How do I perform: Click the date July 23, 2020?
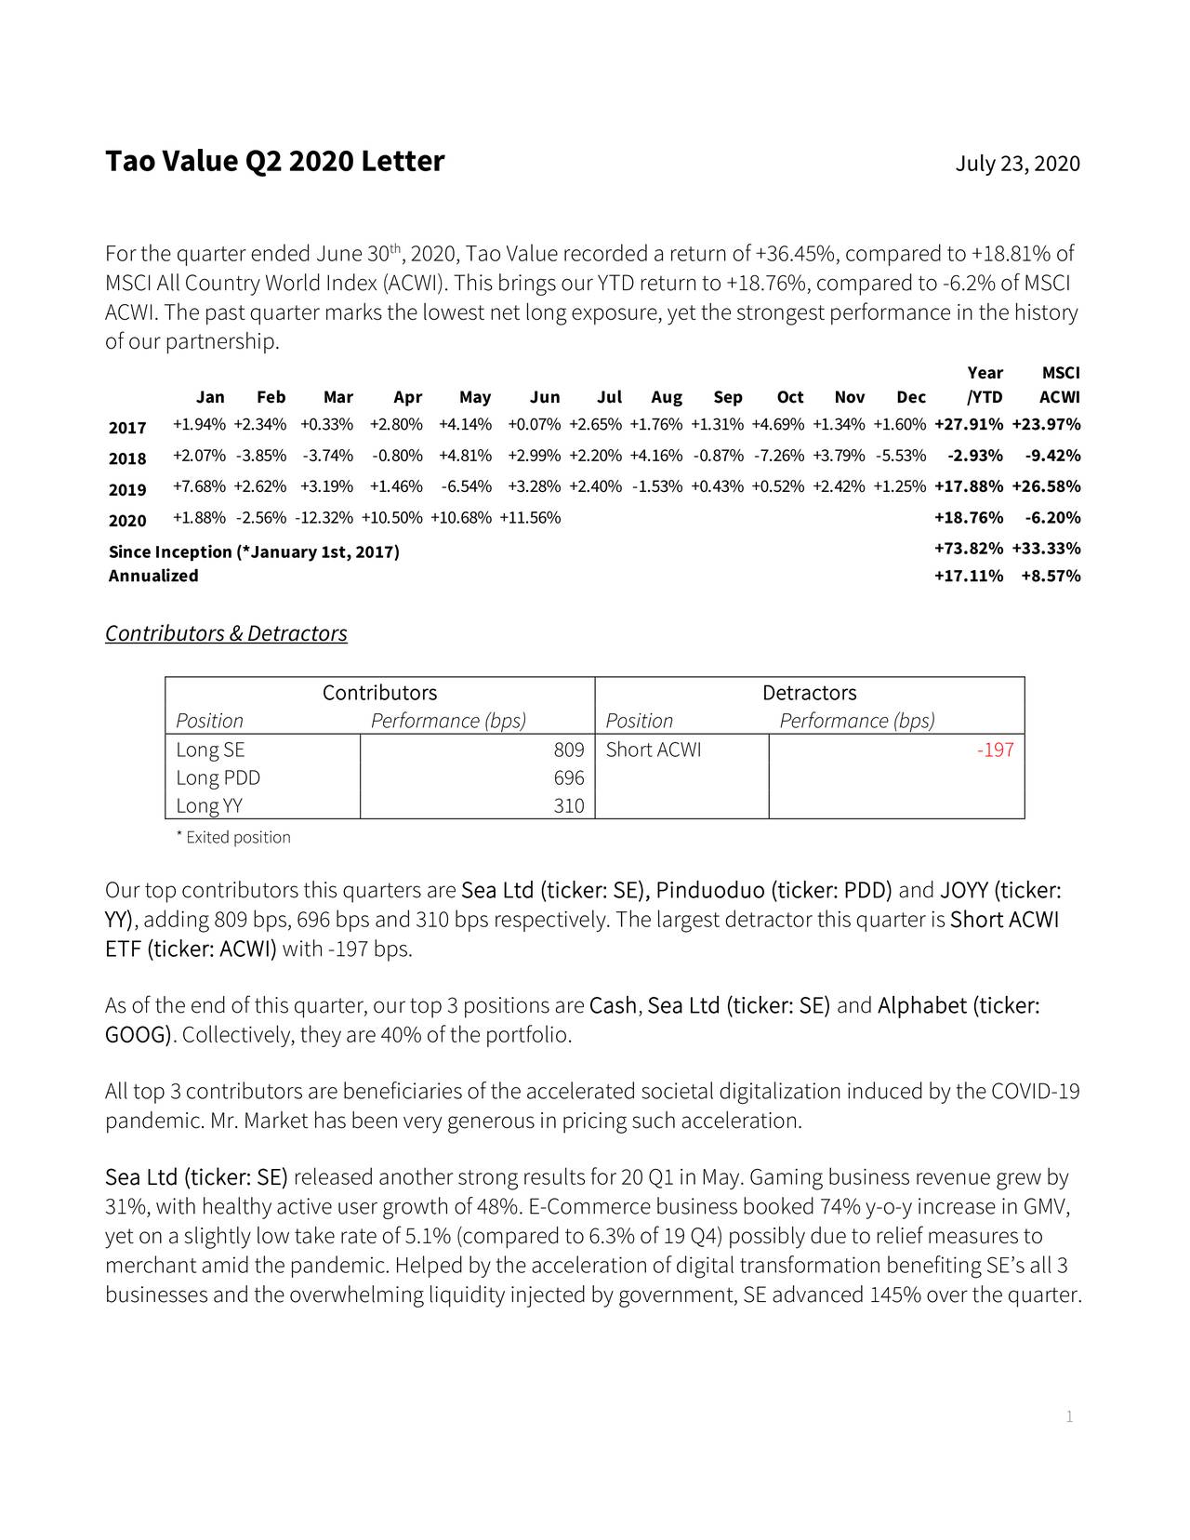click(1017, 165)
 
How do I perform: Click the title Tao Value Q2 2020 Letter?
click(275, 162)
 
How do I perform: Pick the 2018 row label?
click(127, 458)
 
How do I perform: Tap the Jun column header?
click(545, 398)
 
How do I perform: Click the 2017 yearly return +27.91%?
click(968, 425)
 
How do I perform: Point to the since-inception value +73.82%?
click(968, 549)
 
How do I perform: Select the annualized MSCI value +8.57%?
click(1050, 576)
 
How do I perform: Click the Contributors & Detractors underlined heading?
click(226, 634)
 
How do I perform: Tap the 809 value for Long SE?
click(568, 750)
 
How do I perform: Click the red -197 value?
click(995, 750)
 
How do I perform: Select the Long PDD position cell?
click(218, 778)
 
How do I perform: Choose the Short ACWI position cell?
click(654, 750)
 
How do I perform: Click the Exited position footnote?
click(233, 838)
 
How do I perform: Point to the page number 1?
click(1069, 1417)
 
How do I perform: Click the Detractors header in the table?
click(809, 694)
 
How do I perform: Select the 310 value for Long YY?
click(568, 806)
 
